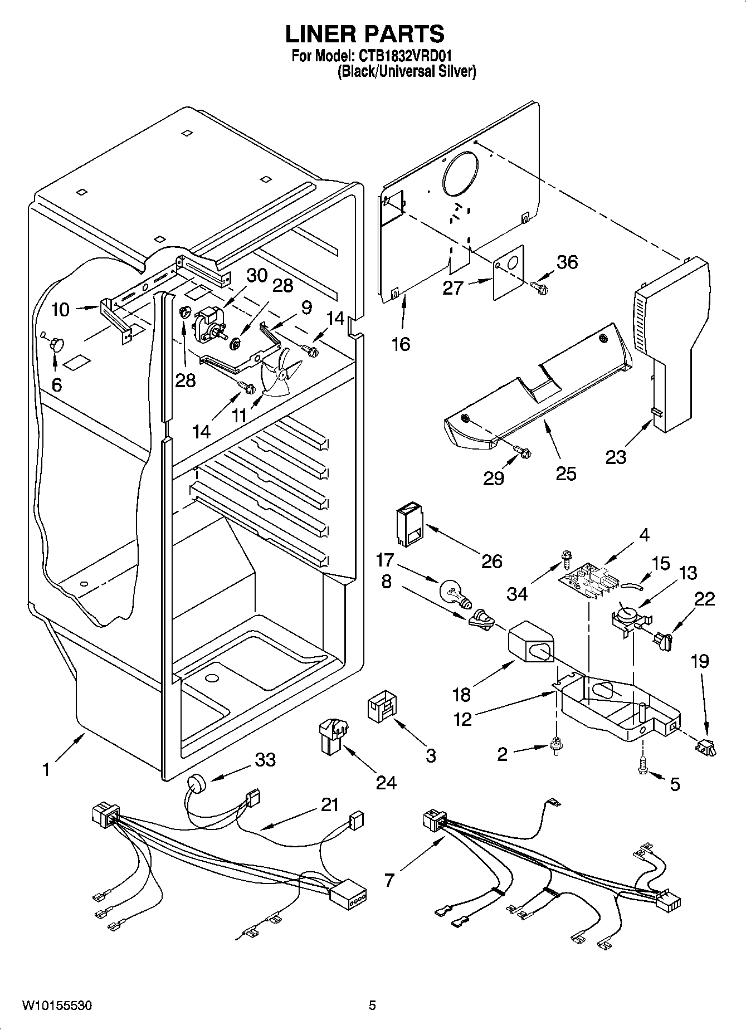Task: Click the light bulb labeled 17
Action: click(455, 593)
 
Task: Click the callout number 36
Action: click(567, 262)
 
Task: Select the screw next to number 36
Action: click(539, 287)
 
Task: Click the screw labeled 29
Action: click(522, 452)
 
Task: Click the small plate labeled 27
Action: click(510, 272)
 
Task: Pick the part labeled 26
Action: click(410, 525)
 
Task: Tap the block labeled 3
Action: click(381, 709)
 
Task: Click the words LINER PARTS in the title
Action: click(365, 33)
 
